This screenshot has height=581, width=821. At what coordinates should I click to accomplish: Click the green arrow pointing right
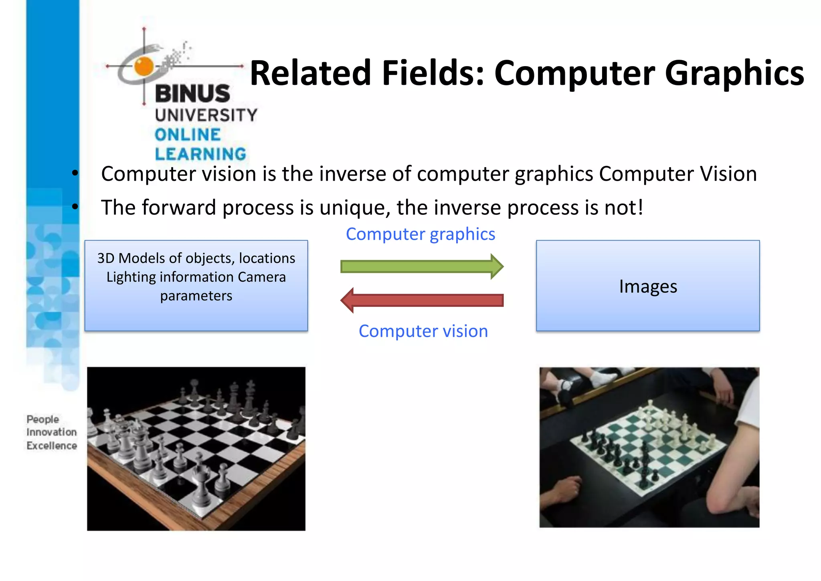tap(421, 266)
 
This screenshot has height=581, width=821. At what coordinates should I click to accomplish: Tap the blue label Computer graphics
tap(421, 234)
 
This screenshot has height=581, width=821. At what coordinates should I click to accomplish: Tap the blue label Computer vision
tap(423, 331)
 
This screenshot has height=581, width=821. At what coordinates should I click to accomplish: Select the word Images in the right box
tap(648, 286)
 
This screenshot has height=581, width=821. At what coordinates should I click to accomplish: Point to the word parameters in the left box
tap(196, 296)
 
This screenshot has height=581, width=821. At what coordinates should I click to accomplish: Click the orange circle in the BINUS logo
tap(144, 66)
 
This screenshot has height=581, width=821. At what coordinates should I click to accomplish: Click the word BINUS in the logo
tap(192, 94)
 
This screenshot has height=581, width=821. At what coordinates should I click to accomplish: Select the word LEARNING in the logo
tap(200, 154)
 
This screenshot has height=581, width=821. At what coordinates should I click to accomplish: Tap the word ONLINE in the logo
tap(188, 135)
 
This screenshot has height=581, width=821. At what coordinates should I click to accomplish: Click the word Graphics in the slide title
tap(734, 73)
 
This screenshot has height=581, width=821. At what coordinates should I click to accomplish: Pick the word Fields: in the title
tap(433, 73)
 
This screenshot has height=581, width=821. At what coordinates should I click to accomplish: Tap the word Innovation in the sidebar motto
tap(52, 432)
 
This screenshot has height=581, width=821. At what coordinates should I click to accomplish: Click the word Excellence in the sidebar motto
tap(52, 446)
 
